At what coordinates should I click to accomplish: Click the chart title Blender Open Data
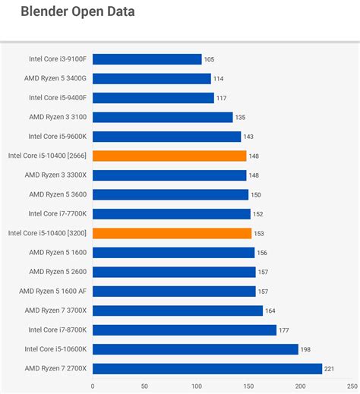(x=79, y=13)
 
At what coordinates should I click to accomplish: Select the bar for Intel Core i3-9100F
(x=147, y=59)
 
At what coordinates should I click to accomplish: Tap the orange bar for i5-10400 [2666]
(x=169, y=156)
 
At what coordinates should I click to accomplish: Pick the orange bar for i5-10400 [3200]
(x=172, y=233)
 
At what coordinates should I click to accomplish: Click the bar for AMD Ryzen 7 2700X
(x=207, y=369)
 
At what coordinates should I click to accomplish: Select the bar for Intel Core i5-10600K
(x=195, y=349)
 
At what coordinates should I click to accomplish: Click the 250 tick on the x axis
(x=352, y=385)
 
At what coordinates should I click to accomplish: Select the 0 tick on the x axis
(x=93, y=385)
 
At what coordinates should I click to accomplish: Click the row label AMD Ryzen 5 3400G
(x=56, y=78)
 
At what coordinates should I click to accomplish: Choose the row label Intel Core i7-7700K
(x=58, y=214)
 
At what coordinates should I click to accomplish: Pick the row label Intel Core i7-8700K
(x=58, y=330)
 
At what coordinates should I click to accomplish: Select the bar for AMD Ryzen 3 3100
(x=163, y=117)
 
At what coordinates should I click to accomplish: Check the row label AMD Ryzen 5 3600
(x=58, y=194)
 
